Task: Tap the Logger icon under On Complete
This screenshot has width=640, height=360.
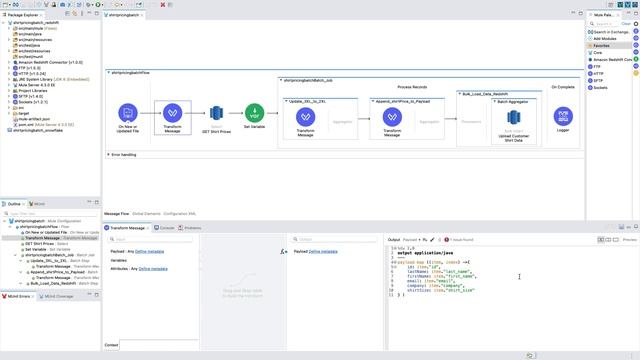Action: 563,113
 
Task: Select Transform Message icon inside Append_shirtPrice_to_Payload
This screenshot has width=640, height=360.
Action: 391,118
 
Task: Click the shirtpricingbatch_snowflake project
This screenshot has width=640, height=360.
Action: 40,130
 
